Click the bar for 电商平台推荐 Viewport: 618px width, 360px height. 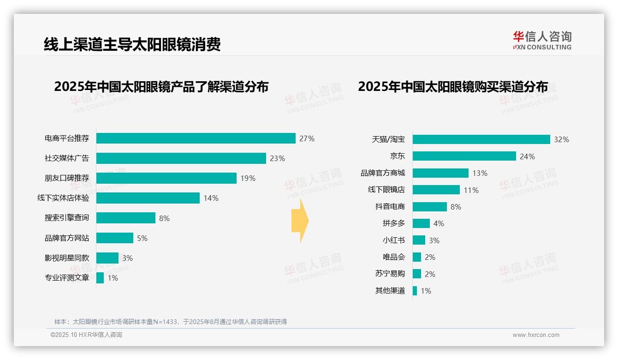click(196, 138)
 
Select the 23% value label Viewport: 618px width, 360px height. click(277, 158)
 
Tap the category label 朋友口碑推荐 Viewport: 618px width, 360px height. click(66, 178)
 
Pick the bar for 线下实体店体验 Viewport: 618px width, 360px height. click(148, 198)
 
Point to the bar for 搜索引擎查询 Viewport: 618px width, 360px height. click(125, 218)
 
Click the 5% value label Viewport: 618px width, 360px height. click(142, 238)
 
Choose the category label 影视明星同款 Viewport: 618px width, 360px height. click(66, 258)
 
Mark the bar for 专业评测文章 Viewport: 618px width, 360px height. click(100, 278)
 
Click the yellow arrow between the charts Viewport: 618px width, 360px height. click(300, 221)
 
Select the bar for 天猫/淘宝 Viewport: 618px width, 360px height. click(481, 139)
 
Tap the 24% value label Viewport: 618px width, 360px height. click(527, 156)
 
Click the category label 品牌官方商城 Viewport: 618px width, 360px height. click(382, 173)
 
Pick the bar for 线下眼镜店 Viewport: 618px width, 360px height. click(436, 190)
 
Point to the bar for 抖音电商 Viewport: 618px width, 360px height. click(429, 207)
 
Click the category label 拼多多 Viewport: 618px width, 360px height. click(393, 223)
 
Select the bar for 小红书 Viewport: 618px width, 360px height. click(419, 240)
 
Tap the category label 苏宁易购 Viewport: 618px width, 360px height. click(390, 274)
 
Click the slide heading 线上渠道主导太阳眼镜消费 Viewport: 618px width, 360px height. click(132, 44)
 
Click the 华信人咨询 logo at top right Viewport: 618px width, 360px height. click(542, 40)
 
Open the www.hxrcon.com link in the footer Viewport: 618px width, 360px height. click(535, 335)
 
